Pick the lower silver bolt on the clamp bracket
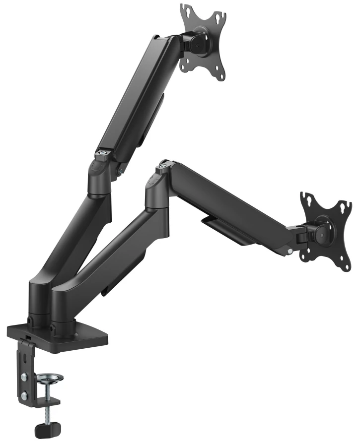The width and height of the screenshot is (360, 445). pos(23,395)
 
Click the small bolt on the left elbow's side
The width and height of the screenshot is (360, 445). pos(120,172)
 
